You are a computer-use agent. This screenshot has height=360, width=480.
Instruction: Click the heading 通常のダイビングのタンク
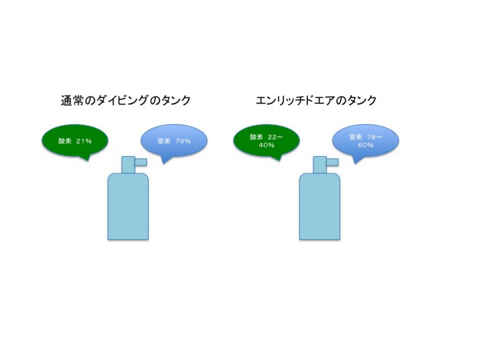[125, 101]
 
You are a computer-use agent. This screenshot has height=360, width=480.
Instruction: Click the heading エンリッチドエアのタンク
[316, 101]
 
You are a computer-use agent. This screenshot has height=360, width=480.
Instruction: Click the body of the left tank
[128, 207]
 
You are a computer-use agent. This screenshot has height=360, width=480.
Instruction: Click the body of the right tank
[319, 207]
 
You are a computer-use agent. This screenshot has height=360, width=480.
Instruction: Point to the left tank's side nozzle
[141, 162]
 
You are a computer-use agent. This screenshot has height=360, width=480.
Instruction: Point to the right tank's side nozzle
[333, 162]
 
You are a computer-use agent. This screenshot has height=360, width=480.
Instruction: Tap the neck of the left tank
[128, 165]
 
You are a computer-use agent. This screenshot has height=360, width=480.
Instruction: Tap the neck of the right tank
[320, 165]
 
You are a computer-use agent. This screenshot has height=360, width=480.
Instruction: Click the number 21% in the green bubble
[84, 141]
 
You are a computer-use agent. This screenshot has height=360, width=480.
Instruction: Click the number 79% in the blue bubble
[183, 141]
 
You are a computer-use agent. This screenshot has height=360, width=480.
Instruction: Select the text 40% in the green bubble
[266, 145]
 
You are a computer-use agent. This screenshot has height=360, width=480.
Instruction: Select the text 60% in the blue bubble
[365, 145]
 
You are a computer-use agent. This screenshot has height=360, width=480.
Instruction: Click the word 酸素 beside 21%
[65, 141]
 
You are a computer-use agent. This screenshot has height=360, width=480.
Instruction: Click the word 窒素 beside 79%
[164, 141]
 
